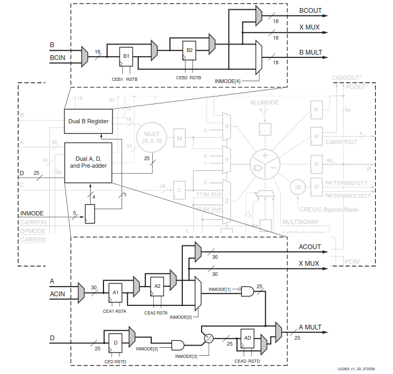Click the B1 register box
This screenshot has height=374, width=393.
click(x=126, y=55)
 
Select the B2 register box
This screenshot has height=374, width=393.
click(x=189, y=50)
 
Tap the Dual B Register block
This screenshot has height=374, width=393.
click(x=88, y=121)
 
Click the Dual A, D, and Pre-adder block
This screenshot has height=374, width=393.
click(x=88, y=162)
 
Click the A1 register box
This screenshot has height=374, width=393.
click(x=116, y=293)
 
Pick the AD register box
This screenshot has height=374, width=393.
click(x=247, y=338)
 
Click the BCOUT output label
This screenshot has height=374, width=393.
click(x=311, y=10)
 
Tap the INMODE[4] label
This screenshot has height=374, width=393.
click(x=228, y=80)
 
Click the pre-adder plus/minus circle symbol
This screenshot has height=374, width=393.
click(x=209, y=338)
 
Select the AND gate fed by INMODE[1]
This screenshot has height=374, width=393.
click(x=248, y=290)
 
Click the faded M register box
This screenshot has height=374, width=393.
click(x=180, y=138)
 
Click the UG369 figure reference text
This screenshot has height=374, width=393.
click(x=357, y=369)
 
